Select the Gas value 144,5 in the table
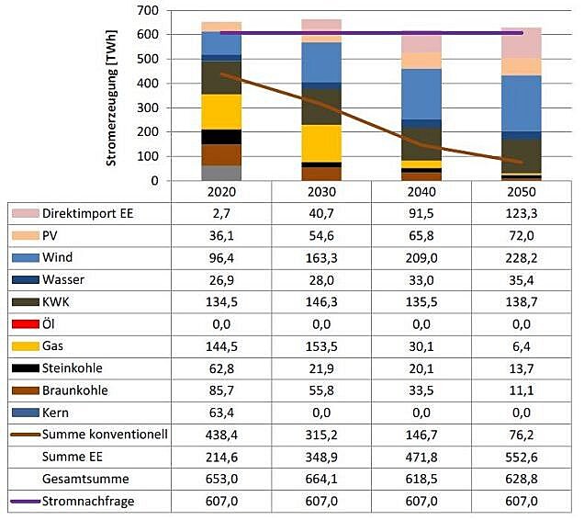[x=222, y=345]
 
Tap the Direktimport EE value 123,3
[x=522, y=214]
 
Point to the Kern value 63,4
[x=222, y=412]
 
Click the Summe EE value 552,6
[x=522, y=456]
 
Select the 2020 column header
[x=222, y=193]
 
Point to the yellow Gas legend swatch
[x=24, y=345]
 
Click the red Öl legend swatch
[x=24, y=323]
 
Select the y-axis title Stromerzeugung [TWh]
[x=112, y=96]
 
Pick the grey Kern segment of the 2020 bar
[x=222, y=173]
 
